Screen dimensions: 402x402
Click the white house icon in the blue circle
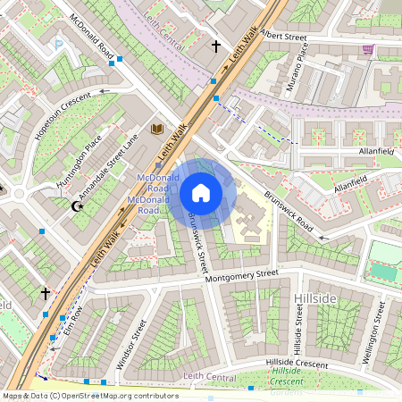coord(201,193)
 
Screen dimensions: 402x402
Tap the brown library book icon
coord(157,130)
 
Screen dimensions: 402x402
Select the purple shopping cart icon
coord(368,50)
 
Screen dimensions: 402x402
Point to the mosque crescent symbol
coord(78,206)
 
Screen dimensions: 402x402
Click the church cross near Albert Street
coord(215,46)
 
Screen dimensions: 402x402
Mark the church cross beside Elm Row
coord(45,293)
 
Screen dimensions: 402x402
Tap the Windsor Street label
coord(130,345)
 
